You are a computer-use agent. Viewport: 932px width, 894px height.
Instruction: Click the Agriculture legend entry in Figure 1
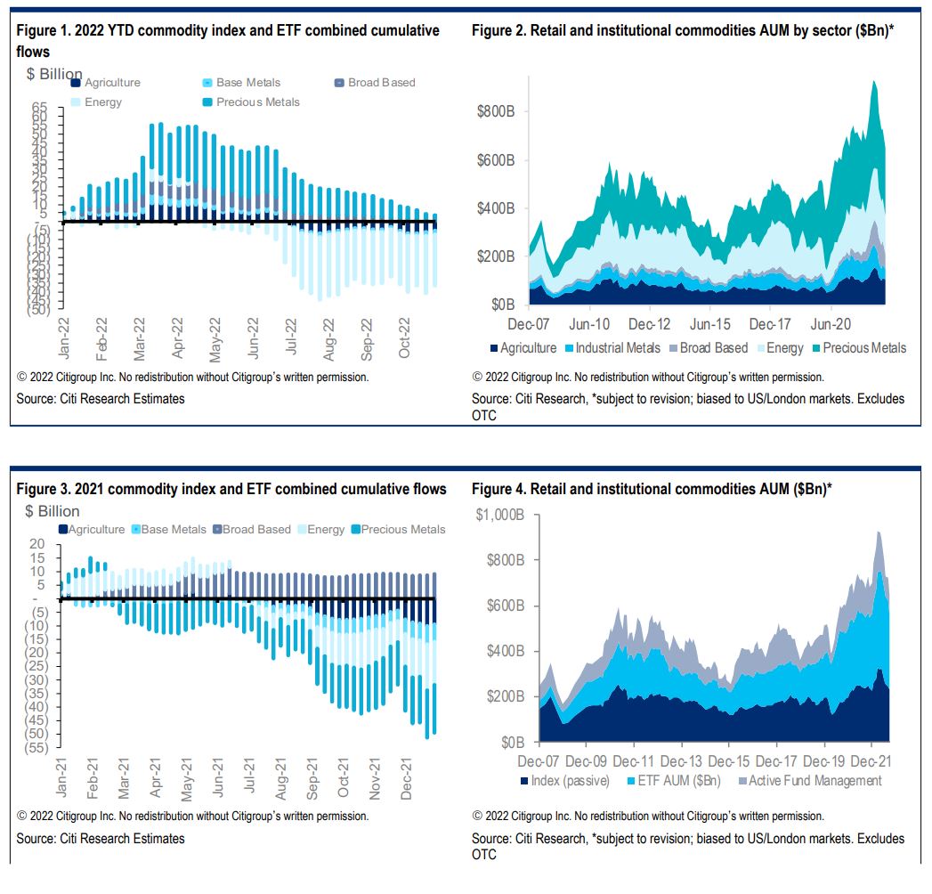pyautogui.click(x=107, y=83)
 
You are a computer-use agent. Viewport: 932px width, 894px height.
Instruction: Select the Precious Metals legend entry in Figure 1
pyautogui.click(x=257, y=102)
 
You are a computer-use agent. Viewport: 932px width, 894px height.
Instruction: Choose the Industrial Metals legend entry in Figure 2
pyautogui.click(x=618, y=348)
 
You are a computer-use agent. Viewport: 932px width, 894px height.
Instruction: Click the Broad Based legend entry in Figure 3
pyautogui.click(x=255, y=529)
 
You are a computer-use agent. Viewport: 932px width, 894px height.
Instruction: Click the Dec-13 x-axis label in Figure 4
pyautogui.click(x=680, y=761)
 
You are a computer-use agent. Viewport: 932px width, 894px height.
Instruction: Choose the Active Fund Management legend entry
pyautogui.click(x=815, y=781)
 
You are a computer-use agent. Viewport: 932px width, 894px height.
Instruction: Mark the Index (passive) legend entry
pyautogui.click(x=570, y=781)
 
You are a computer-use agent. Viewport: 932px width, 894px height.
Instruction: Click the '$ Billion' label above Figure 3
pyautogui.click(x=53, y=511)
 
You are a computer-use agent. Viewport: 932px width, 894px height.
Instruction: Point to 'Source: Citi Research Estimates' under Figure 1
pyautogui.click(x=101, y=399)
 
